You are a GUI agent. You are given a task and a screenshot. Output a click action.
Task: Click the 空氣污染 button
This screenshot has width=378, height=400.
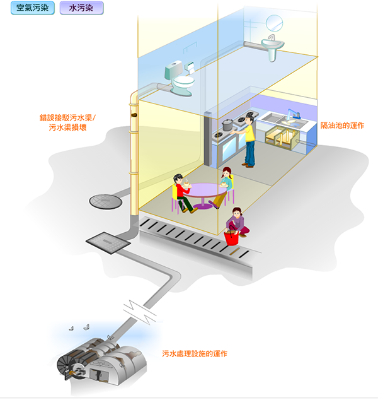(x=30, y=9)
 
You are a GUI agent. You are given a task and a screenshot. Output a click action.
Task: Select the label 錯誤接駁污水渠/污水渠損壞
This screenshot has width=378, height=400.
(x=68, y=122)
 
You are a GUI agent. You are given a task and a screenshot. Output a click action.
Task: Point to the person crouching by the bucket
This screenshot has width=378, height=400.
(x=238, y=222)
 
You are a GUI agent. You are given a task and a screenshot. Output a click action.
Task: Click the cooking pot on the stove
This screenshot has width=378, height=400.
(x=227, y=124)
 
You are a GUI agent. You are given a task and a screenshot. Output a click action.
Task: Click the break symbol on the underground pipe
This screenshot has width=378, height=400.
(x=138, y=309)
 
